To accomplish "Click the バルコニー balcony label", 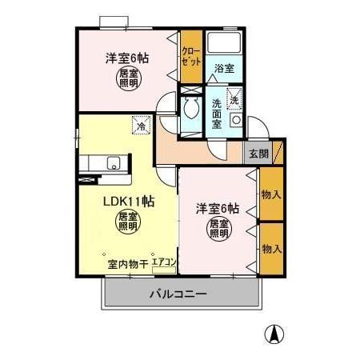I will [x=178, y=294].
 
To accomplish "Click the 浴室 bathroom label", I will [x=224, y=69].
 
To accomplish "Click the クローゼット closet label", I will [x=190, y=54].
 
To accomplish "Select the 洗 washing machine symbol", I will [x=235, y=99].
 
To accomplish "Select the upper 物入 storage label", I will [x=271, y=194].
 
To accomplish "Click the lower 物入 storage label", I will [x=271, y=248].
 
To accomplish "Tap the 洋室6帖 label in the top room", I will [x=127, y=58].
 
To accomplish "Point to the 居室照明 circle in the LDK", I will [x=126, y=222].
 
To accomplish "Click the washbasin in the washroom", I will [x=236, y=120].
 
